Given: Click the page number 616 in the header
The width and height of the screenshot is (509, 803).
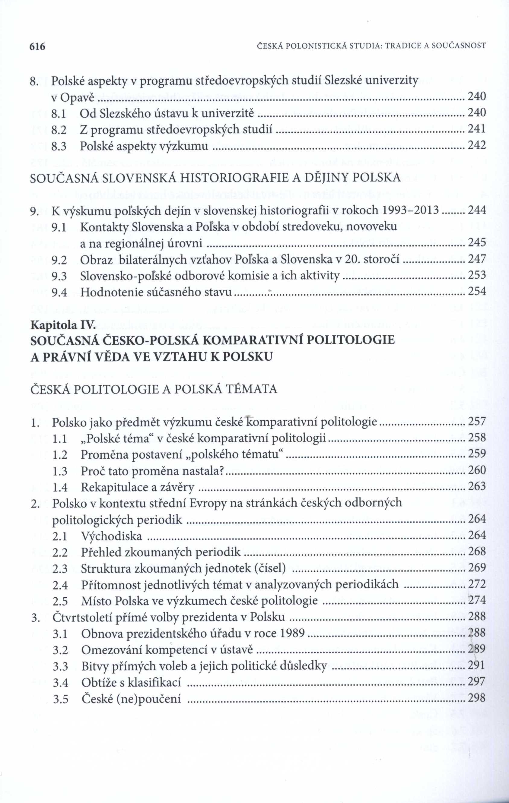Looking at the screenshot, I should tap(37, 47).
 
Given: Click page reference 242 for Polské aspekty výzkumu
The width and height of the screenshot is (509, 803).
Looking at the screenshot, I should tap(477, 145).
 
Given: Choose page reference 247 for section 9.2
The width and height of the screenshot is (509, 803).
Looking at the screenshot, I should tap(477, 259).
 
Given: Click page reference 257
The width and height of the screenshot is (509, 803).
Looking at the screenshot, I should tap(477, 422).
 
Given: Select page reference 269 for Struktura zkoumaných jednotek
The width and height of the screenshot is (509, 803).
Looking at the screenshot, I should tap(477, 567).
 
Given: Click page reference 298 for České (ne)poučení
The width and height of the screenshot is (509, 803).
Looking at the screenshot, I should tap(477, 698).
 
